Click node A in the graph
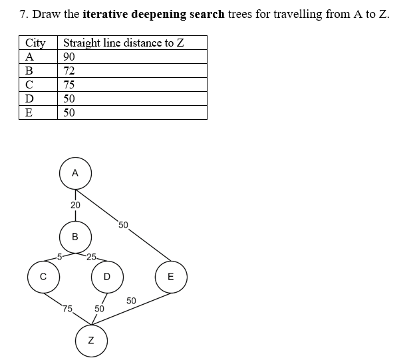coord(75,172)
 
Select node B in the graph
coord(75,236)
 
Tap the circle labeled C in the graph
coord(43,277)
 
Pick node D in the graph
coord(106,277)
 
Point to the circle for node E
coord(170,277)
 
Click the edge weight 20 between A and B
coord(75,205)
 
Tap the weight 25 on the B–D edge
coord(92,256)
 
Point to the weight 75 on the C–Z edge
coord(67,308)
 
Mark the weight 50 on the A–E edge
coord(124,224)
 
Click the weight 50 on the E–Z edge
coord(131,301)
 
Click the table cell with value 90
coord(69,57)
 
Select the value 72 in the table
coord(69,71)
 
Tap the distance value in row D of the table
coord(69,98)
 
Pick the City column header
coord(35,43)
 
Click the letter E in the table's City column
coord(29,112)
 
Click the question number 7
coord(24,14)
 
